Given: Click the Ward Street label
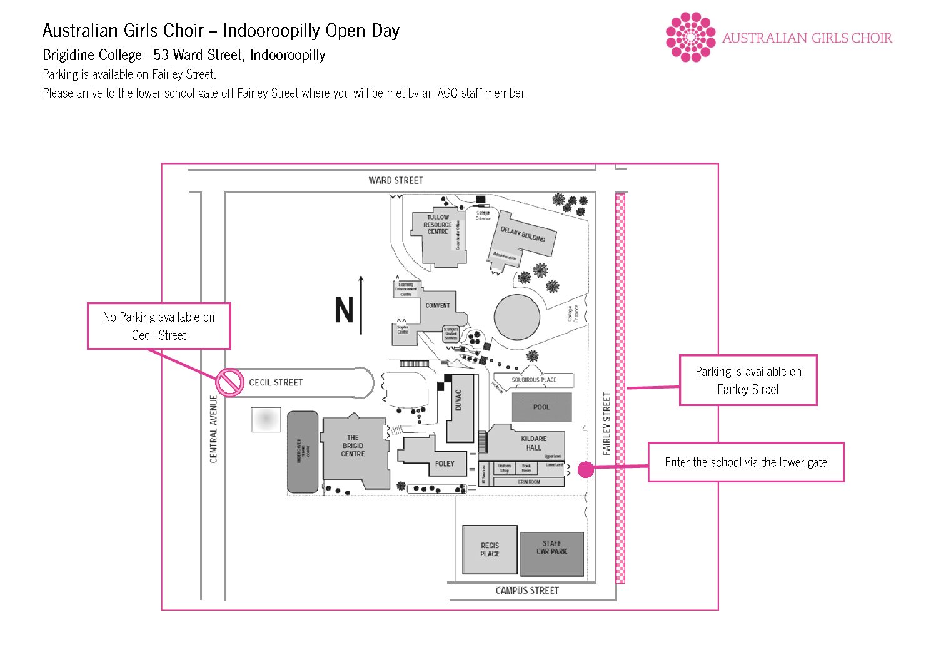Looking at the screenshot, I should (x=396, y=181).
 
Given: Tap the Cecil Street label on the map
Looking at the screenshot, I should (x=276, y=382).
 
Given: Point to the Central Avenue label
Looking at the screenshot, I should (x=214, y=429).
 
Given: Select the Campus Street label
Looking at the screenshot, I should (x=527, y=591).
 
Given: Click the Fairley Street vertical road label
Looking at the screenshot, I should (x=606, y=424).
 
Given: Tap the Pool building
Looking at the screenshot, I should (x=541, y=407).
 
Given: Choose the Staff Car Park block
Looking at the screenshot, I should (x=552, y=554).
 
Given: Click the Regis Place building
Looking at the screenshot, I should (x=490, y=550).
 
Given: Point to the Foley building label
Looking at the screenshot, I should (x=445, y=464).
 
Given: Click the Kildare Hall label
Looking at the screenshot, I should (x=533, y=443).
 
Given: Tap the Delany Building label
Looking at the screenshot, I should (x=523, y=234).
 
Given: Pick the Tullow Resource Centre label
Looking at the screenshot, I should (x=438, y=225).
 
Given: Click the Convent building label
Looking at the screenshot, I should (x=438, y=306).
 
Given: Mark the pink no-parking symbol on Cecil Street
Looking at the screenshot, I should (x=229, y=382).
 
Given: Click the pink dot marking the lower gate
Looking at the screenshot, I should (x=586, y=469).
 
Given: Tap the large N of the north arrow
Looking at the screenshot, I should (x=344, y=310).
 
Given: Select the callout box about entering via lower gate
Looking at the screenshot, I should (x=746, y=462).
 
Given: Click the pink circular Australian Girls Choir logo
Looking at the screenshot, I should (x=690, y=38).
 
